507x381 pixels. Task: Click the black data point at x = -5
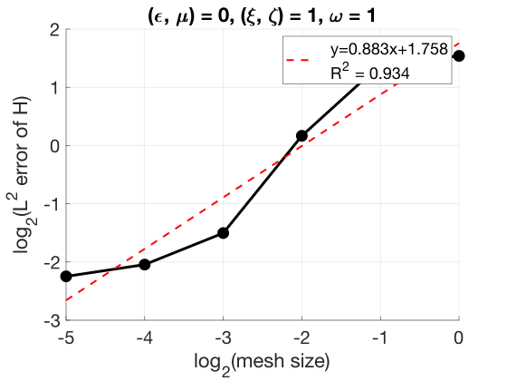66,277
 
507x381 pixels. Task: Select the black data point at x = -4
145,265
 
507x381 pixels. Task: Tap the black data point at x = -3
223,233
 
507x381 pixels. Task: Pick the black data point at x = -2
301,136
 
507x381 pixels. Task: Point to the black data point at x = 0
459,56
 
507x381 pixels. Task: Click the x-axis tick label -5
66,337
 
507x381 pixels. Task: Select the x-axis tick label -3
223,337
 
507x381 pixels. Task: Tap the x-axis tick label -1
380,337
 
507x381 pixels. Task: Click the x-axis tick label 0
458,337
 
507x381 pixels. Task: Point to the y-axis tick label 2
55,30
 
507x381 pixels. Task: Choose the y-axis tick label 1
55,87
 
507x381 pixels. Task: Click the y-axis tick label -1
52,204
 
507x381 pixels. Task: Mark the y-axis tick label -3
52,320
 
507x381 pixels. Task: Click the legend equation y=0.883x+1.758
389,49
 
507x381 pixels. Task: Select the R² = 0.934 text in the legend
370,73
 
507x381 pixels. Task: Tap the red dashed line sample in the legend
298,60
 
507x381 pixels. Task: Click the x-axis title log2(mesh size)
262,363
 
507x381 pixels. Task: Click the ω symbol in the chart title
336,17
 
